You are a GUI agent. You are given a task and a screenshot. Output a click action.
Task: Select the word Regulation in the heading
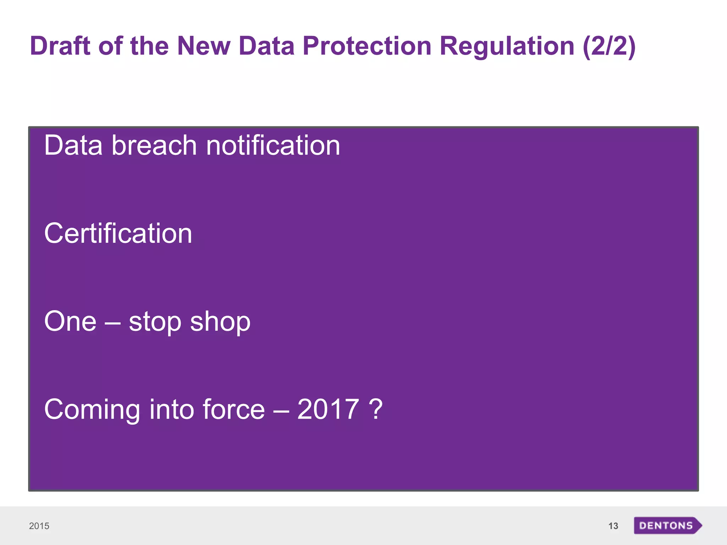507,46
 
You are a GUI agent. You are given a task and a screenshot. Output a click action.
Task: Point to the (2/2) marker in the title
609,46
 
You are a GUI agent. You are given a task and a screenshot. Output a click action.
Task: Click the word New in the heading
204,46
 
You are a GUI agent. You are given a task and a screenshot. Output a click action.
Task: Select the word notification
273,145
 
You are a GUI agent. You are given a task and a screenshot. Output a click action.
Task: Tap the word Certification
118,233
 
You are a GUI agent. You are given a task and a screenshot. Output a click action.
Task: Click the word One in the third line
70,321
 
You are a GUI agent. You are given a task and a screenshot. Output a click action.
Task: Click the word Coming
92,410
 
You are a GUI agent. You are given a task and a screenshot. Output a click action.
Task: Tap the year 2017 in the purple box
328,409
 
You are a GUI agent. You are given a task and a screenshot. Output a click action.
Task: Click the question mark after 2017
376,409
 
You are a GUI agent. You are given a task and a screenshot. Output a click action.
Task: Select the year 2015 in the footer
39,526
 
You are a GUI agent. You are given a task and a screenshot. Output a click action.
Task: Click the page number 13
613,526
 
